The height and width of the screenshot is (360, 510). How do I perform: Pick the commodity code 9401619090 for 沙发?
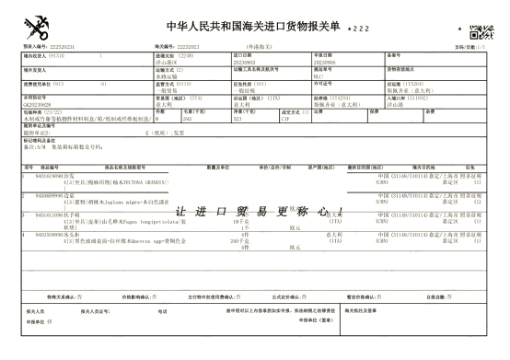[51, 173]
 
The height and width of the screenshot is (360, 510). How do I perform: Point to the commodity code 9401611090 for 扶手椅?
[51, 215]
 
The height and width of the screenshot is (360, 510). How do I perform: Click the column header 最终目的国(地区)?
[368, 167]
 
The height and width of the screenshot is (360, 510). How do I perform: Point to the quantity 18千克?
[242, 221]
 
